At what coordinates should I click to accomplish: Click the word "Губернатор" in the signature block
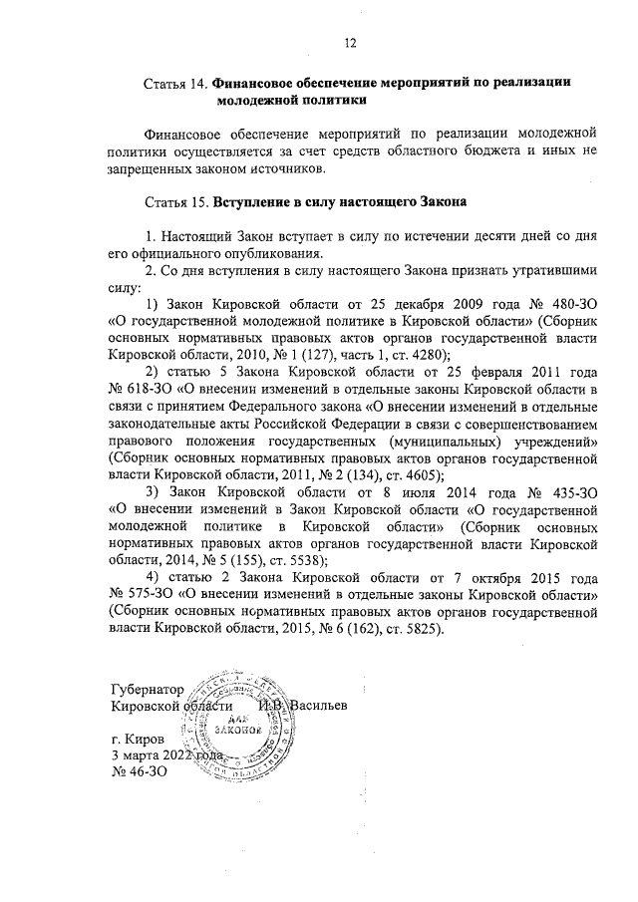pos(149,691)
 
